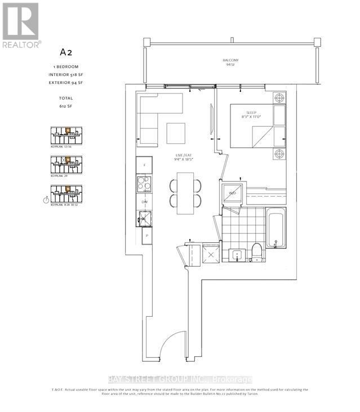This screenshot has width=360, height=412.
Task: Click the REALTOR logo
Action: pyautogui.click(x=20, y=25)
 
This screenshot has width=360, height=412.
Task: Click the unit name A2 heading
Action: pyautogui.click(x=67, y=52)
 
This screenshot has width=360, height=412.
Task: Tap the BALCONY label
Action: pyautogui.click(x=230, y=63)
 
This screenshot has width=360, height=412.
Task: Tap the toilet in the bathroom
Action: pyautogui.click(x=255, y=254)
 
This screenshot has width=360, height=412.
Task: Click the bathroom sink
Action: pyautogui.click(x=237, y=255)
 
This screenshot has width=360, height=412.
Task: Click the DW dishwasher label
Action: pyautogui.click(x=144, y=201)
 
